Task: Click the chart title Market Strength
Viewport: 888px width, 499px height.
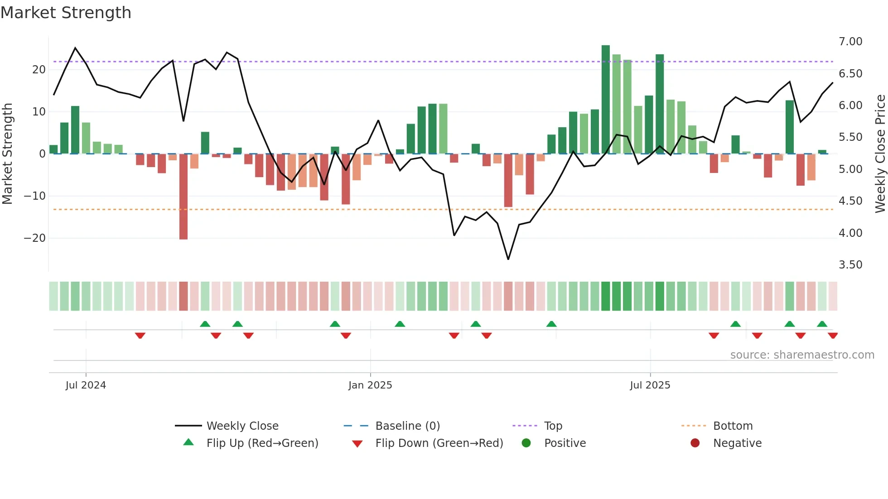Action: click(66, 13)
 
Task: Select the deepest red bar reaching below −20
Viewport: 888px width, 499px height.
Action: click(183, 197)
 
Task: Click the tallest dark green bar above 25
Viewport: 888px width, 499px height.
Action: click(606, 100)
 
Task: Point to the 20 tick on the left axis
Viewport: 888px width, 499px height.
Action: click(39, 70)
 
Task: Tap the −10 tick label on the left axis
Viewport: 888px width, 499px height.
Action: click(35, 196)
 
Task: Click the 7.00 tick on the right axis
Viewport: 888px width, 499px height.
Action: click(850, 42)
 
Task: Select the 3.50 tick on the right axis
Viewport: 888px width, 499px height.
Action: click(850, 265)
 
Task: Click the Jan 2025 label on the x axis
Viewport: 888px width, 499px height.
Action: click(370, 385)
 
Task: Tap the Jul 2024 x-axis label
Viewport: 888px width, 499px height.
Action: click(86, 385)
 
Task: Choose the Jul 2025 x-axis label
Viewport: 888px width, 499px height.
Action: click(650, 385)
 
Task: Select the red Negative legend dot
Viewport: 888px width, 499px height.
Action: click(695, 443)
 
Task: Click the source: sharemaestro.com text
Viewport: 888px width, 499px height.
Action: click(802, 355)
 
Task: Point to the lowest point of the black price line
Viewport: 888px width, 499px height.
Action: click(508, 259)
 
